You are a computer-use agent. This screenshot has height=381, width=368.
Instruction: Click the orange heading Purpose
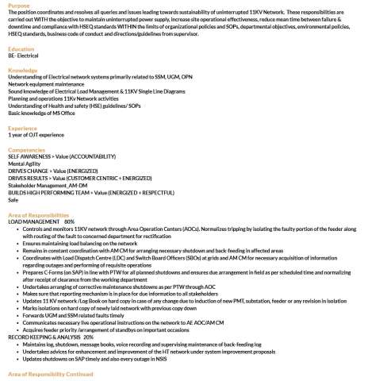tap(19, 5)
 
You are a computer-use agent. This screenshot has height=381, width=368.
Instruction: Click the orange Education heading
tap(21, 49)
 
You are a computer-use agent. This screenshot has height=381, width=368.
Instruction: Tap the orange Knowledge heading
tap(22, 70)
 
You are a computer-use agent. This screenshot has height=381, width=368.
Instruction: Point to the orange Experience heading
tap(22, 127)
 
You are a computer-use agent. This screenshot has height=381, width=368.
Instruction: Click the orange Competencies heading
tap(26, 148)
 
